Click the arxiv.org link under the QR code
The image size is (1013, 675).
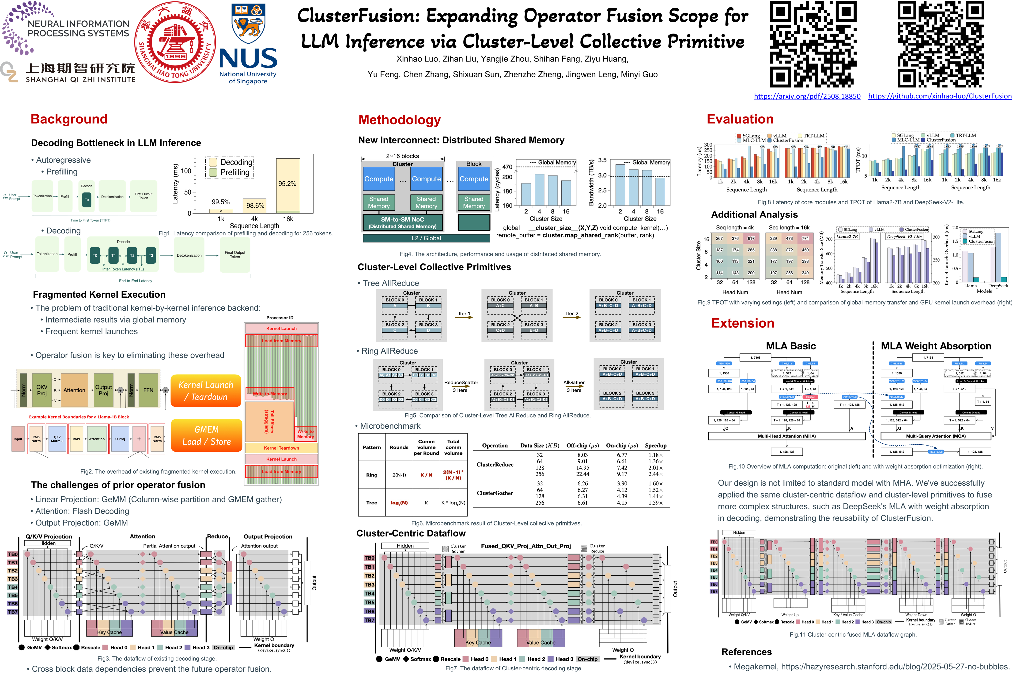(807, 96)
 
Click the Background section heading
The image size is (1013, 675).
(69, 119)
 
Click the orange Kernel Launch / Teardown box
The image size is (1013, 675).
(206, 391)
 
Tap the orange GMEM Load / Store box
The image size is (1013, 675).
(206, 436)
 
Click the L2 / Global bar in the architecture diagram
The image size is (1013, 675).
(426, 238)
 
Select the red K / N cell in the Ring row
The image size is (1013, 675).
(426, 475)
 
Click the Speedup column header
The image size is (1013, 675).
(656, 446)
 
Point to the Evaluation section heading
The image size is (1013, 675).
(740, 119)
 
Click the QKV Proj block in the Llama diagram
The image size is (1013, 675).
(42, 390)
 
